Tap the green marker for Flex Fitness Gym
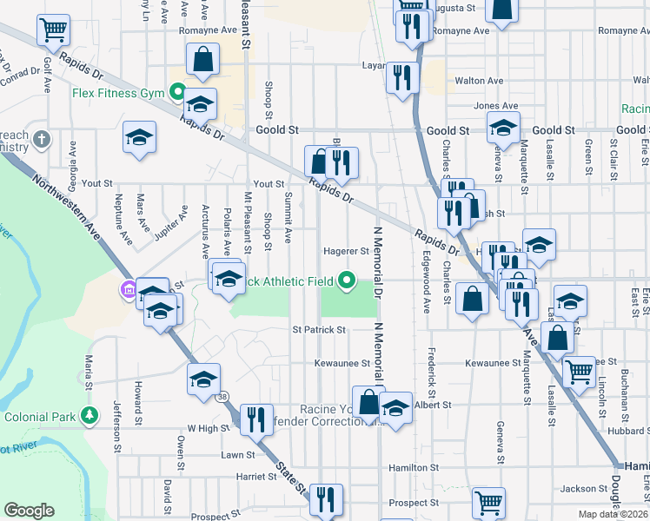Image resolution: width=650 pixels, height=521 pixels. (178, 91)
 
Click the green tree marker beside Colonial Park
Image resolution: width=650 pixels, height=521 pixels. (88, 416)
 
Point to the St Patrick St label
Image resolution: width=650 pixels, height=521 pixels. (319, 330)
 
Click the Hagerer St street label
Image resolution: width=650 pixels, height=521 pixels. (347, 251)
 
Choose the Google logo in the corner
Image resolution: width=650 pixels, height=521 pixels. (29, 511)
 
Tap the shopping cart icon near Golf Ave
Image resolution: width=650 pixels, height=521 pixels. (54, 30)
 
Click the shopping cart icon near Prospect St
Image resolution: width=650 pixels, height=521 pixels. (488, 502)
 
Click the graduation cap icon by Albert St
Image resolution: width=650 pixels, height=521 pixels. (395, 408)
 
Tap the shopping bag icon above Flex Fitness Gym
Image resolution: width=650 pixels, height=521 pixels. (202, 59)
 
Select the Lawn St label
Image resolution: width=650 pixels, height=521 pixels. (238, 454)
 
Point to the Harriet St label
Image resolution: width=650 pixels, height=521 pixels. (255, 477)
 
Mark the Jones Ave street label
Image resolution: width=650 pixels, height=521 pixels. (489, 106)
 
